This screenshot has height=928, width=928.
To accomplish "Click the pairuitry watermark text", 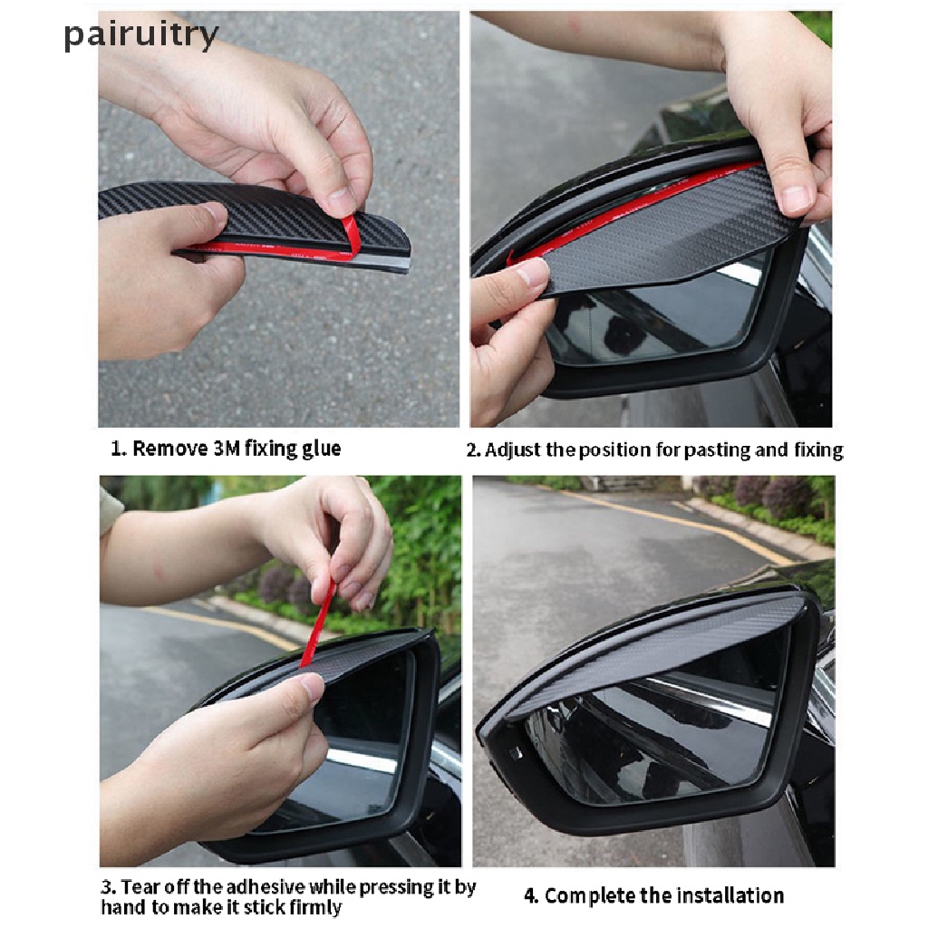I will (140, 35).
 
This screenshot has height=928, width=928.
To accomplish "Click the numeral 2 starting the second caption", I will (471, 450).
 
